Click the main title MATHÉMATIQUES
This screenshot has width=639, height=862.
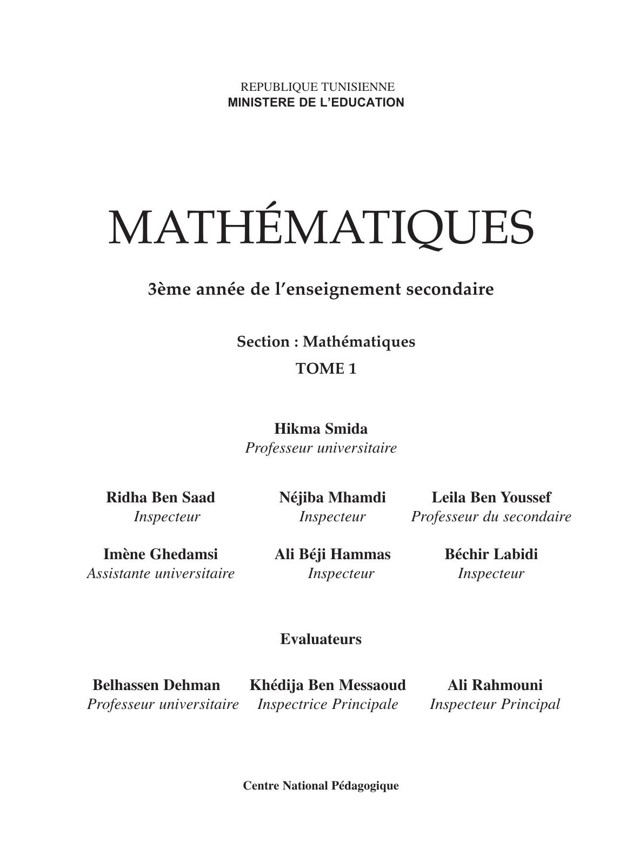pyautogui.click(x=321, y=227)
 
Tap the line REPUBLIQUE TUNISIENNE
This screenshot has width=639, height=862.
pyautogui.click(x=317, y=87)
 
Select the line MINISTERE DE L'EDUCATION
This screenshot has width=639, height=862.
pyautogui.click(x=316, y=102)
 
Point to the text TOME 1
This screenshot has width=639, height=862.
pyautogui.click(x=326, y=369)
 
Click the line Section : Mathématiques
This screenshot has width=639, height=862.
pyautogui.click(x=326, y=342)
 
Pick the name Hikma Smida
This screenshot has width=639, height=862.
pyautogui.click(x=321, y=429)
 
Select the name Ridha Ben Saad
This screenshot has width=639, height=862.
pyautogui.click(x=161, y=497)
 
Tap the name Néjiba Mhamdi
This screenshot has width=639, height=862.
pyautogui.click(x=332, y=497)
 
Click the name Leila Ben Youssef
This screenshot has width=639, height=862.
pyautogui.click(x=491, y=497)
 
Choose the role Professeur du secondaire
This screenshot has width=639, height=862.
pyautogui.click(x=491, y=516)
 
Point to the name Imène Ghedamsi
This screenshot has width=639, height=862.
pyautogui.click(x=161, y=554)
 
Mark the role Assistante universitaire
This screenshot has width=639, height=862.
pyautogui.click(x=161, y=573)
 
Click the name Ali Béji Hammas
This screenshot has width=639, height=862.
pyautogui.click(x=332, y=554)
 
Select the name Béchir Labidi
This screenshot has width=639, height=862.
pyautogui.click(x=491, y=554)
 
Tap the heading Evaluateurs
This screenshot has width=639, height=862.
pyautogui.click(x=321, y=639)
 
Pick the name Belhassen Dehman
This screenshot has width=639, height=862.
pyautogui.click(x=156, y=685)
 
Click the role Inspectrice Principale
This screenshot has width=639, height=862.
pyautogui.click(x=328, y=704)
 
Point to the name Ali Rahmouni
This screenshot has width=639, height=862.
pyautogui.click(x=495, y=685)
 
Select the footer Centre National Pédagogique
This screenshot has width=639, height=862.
pyautogui.click(x=321, y=786)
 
